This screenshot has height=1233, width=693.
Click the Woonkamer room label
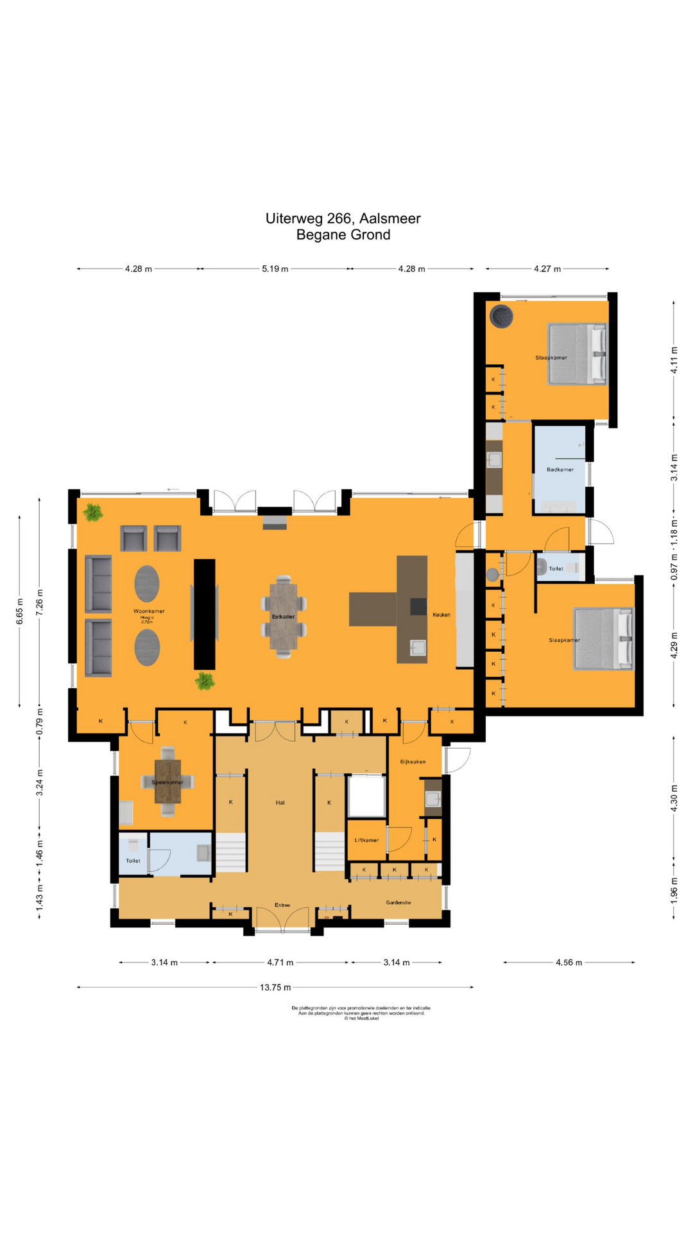149,611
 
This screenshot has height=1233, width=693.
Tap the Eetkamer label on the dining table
283,616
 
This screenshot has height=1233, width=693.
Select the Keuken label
441,615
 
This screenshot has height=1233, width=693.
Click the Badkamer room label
560,469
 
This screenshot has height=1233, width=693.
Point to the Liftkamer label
366,840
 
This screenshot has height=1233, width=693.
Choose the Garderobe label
398,902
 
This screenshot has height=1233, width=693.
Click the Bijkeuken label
413,762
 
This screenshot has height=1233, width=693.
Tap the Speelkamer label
167,782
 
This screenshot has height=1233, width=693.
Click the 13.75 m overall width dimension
275,987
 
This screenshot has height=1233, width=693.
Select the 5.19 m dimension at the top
275,268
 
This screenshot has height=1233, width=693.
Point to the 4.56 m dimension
569,962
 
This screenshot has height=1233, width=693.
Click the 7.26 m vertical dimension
40,602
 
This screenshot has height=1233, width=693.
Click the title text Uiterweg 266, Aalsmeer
343,218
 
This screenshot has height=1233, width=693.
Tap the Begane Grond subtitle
343,235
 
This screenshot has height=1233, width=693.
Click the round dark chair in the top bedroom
501,316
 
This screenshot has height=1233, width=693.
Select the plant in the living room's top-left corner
94,512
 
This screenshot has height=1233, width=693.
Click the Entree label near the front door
282,905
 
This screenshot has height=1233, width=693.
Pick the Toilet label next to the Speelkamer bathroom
133,861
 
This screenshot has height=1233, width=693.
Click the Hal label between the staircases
280,802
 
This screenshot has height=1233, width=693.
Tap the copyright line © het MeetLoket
361,1018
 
